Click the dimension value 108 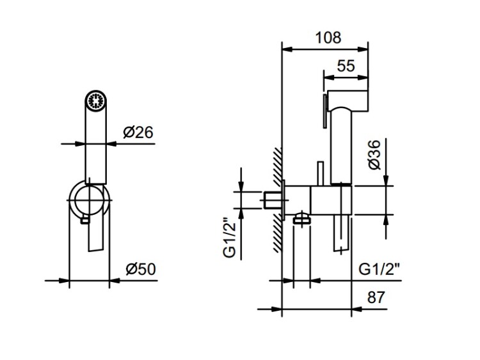(328, 37)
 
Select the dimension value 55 (345, 65)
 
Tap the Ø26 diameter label (138, 133)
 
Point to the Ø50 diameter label (140, 269)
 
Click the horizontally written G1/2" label (379, 269)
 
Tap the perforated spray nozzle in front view (96, 101)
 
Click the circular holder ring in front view (90, 199)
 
